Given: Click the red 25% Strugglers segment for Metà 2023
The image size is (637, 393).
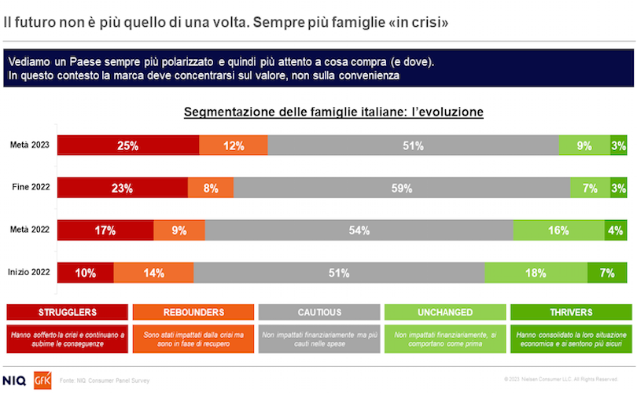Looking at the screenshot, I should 128,145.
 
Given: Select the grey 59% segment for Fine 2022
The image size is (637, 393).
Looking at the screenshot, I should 402,188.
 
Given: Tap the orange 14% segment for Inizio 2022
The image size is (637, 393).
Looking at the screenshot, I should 153,273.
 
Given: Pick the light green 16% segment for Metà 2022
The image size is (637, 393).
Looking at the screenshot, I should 559,230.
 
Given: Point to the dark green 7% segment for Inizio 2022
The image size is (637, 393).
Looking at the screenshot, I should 607,273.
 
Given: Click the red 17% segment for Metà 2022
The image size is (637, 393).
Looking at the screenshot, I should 105,230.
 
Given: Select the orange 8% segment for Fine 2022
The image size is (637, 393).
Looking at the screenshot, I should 210,188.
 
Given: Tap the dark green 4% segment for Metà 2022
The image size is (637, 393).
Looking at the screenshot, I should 616,230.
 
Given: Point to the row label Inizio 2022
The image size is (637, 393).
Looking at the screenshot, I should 29,273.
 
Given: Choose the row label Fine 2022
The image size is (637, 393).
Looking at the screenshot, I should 31,188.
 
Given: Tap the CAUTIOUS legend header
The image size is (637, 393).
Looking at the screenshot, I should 318,312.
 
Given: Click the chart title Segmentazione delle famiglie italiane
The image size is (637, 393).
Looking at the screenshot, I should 333,112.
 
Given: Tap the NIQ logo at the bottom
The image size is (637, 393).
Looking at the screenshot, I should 15,380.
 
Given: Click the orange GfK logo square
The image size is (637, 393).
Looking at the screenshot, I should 42,380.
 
